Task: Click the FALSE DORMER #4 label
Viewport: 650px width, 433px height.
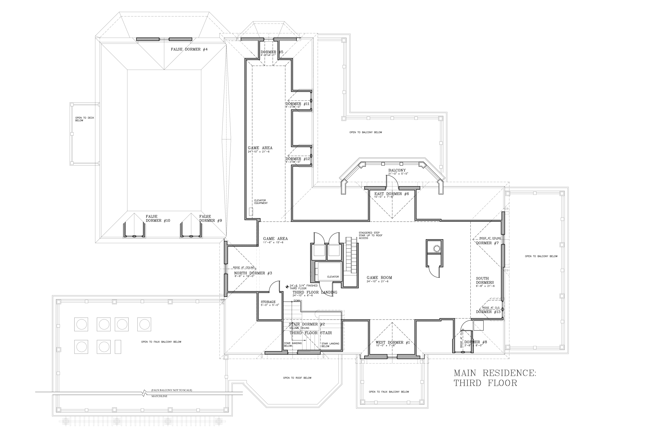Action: click(x=189, y=49)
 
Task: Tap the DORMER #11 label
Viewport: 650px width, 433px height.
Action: click(x=297, y=104)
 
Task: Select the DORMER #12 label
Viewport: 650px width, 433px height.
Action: click(x=297, y=159)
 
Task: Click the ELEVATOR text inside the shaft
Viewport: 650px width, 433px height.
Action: click(x=333, y=277)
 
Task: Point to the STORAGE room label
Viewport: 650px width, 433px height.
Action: click(x=268, y=302)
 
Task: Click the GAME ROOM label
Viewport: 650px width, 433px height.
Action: click(x=379, y=278)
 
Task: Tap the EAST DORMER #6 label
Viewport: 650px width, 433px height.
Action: click(x=391, y=194)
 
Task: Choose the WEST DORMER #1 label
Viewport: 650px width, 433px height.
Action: click(x=392, y=343)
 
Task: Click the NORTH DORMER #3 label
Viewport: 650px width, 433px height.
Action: click(x=253, y=273)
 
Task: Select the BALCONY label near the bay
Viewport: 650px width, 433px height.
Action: click(x=397, y=170)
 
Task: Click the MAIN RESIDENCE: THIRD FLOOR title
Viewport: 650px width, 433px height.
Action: click(x=495, y=378)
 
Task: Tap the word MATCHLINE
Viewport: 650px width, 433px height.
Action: click(x=159, y=396)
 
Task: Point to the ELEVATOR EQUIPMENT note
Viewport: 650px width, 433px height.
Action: click(x=261, y=202)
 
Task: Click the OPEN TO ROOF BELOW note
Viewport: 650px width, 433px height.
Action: click(x=297, y=378)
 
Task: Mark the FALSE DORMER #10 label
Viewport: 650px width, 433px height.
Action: click(x=158, y=218)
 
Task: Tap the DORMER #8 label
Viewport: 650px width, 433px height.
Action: click(x=476, y=342)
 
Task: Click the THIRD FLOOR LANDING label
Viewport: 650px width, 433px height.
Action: click(x=315, y=292)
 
